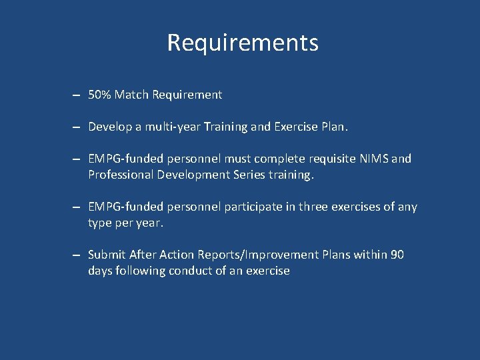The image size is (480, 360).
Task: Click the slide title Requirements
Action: [243, 43]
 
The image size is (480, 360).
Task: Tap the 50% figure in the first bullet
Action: [99, 95]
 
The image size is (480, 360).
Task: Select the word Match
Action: [131, 95]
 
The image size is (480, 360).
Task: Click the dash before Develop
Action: [77, 127]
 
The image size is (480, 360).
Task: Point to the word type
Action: [101, 223]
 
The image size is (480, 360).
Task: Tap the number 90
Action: [397, 255]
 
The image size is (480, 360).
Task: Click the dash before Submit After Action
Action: [77, 255]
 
